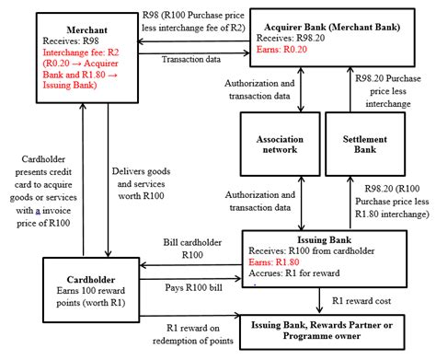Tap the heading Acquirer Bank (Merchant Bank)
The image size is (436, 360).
coord(329,26)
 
